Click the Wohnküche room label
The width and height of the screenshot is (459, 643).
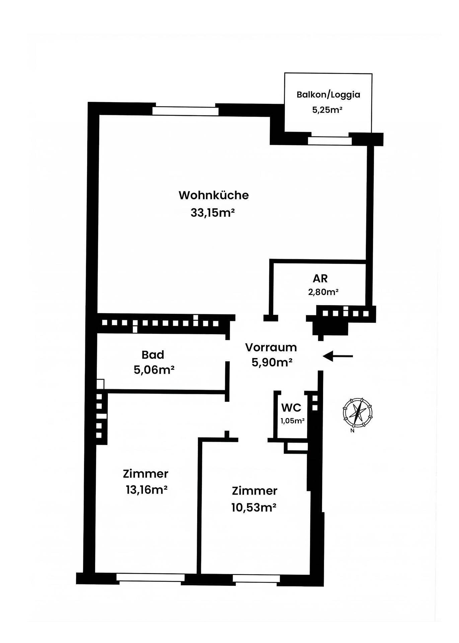(214, 195)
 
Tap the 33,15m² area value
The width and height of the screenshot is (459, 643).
(212, 212)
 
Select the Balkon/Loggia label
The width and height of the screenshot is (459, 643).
(328, 94)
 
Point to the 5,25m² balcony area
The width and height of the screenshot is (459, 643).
(327, 110)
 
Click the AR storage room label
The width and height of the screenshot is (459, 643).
(320, 278)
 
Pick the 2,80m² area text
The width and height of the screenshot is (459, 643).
(323, 292)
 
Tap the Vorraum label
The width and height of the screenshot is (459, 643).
(271, 347)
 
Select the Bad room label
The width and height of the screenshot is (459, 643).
(153, 354)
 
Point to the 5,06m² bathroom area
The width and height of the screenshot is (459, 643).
(154, 370)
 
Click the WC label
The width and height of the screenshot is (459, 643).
(291, 408)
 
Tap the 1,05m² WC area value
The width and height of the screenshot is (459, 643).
(292, 421)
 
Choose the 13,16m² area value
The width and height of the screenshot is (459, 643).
(147, 490)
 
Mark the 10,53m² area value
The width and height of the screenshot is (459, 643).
(254, 507)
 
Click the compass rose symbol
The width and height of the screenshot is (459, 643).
(357, 412)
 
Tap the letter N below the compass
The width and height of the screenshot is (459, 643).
(352, 431)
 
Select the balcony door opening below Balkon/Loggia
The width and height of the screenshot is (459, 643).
(330, 141)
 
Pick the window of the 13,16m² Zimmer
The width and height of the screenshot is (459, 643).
(150, 578)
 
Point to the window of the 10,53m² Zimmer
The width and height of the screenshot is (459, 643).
(256, 578)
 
